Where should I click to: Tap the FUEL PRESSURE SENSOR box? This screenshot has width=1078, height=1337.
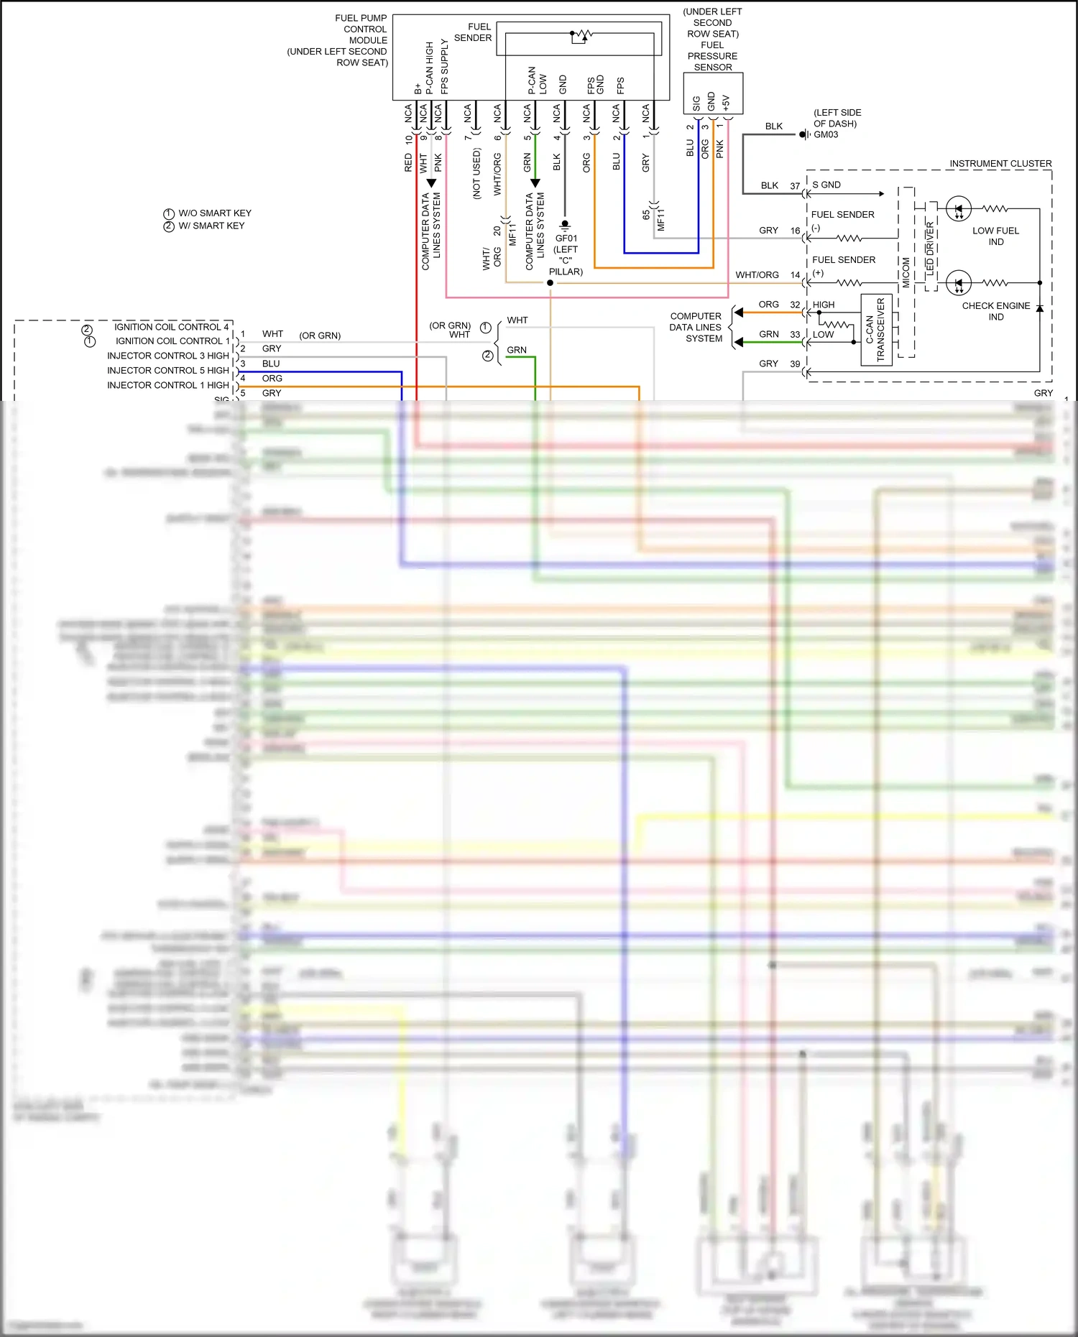[712, 93]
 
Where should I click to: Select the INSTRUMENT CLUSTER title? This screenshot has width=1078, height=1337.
[1000, 164]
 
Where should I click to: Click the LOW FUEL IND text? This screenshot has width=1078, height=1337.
[995, 236]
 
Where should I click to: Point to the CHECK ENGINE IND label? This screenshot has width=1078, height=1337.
[995, 311]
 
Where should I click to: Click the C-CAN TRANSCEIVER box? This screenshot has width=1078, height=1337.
[876, 330]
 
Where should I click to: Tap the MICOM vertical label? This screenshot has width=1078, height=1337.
[906, 273]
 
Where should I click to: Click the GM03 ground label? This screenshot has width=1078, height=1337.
[826, 134]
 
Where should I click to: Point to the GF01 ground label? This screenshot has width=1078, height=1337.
[566, 239]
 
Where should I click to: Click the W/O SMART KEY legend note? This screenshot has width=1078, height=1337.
[214, 213]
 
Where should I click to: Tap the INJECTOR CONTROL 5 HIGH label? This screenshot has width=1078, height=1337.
[167, 371]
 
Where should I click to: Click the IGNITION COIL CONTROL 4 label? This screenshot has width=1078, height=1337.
[171, 327]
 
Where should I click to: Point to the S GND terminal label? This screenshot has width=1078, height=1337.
[826, 185]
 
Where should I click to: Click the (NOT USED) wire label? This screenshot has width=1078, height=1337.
[476, 173]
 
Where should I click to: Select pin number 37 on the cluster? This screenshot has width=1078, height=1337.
[795, 185]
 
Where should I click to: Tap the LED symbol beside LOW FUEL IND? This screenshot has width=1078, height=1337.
[958, 209]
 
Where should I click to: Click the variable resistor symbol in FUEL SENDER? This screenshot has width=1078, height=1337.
[581, 35]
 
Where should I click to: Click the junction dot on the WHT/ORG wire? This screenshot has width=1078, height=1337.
[550, 283]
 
